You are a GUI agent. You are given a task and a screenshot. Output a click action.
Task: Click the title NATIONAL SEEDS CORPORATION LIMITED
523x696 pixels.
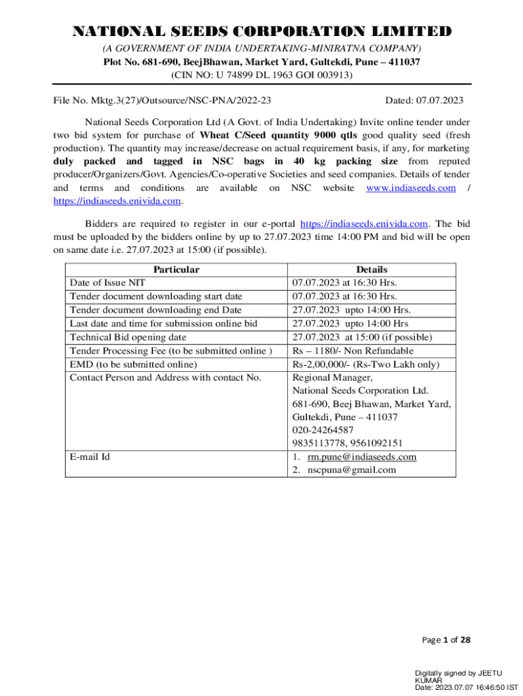click(x=261, y=32)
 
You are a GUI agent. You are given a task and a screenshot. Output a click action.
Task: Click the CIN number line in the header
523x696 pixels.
click(x=261, y=75)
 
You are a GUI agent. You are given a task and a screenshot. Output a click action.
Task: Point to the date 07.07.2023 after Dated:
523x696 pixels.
click(x=434, y=101)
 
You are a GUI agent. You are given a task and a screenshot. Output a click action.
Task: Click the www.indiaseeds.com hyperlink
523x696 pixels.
click(x=411, y=188)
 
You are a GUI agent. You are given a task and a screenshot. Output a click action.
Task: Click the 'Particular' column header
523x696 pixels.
click(x=177, y=270)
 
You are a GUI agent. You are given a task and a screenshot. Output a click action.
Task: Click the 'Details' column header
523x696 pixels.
click(x=372, y=270)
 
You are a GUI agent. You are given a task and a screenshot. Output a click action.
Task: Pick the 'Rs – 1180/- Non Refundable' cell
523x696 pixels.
click(x=353, y=351)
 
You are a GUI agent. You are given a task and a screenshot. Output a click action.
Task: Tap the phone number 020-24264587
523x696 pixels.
click(x=323, y=430)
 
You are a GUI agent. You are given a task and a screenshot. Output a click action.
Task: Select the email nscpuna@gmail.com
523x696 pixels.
click(x=351, y=470)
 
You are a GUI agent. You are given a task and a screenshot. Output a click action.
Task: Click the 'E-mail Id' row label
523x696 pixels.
click(x=90, y=457)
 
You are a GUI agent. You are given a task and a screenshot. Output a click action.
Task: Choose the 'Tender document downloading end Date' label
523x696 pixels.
click(x=156, y=310)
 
